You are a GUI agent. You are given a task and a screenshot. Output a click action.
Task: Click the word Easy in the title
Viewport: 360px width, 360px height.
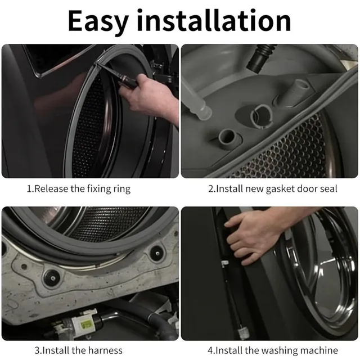click(x=98, y=21)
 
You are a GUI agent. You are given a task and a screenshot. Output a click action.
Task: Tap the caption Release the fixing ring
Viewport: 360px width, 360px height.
click(x=79, y=189)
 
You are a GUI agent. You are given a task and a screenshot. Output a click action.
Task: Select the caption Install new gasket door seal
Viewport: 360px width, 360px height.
click(x=273, y=189)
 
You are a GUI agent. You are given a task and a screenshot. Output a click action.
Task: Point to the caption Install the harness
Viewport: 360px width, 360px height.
click(x=79, y=350)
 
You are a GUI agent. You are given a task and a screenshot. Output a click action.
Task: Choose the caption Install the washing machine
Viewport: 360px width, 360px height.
click(x=273, y=351)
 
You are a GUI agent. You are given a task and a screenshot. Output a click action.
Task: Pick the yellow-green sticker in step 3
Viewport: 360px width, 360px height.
click(x=85, y=325)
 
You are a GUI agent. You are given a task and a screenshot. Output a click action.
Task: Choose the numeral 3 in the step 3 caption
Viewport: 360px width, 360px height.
click(x=37, y=351)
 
